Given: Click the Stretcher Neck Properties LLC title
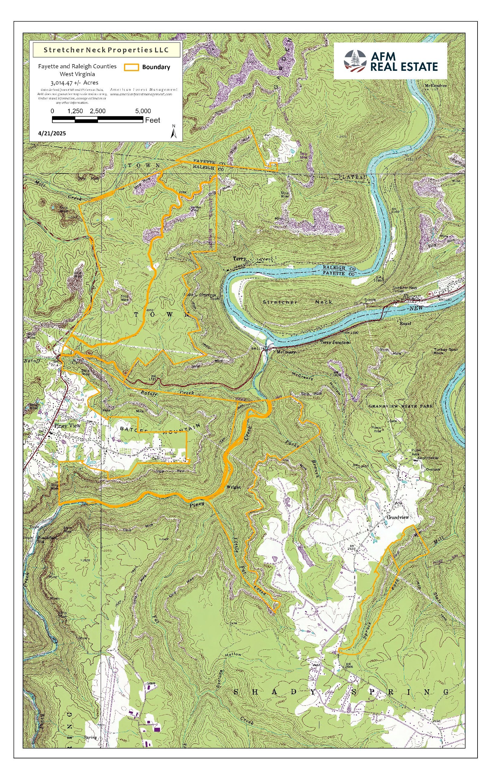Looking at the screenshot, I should (106, 50).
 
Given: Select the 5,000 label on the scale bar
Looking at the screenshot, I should (143, 111).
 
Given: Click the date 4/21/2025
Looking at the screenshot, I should (52, 133).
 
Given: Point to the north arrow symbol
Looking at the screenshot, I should (174, 132).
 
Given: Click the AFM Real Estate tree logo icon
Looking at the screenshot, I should (355, 61).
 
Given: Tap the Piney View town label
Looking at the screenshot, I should (67, 426).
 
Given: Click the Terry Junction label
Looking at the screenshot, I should (335, 342).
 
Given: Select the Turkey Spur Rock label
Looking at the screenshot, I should (445, 351).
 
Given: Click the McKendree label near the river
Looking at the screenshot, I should (435, 86).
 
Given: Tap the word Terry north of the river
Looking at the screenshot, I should (240, 259).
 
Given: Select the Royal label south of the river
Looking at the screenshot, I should (405, 323).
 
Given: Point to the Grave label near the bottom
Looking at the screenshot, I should (151, 684).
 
